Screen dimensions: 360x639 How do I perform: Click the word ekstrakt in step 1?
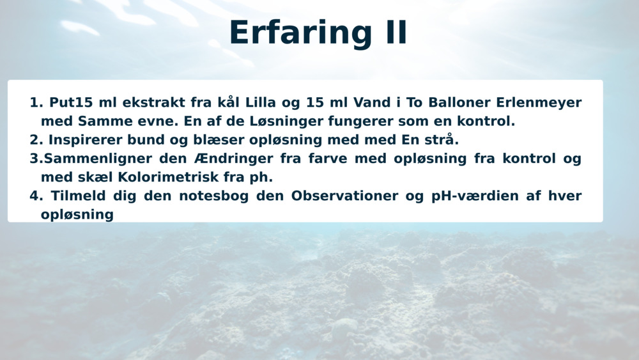pyautogui.click(x=154, y=102)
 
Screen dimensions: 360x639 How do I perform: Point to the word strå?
pyautogui.click(x=442, y=139)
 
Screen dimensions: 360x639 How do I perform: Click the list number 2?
pyautogui.click(x=35, y=139)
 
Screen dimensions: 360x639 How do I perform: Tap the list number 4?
pyautogui.click(x=35, y=196)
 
